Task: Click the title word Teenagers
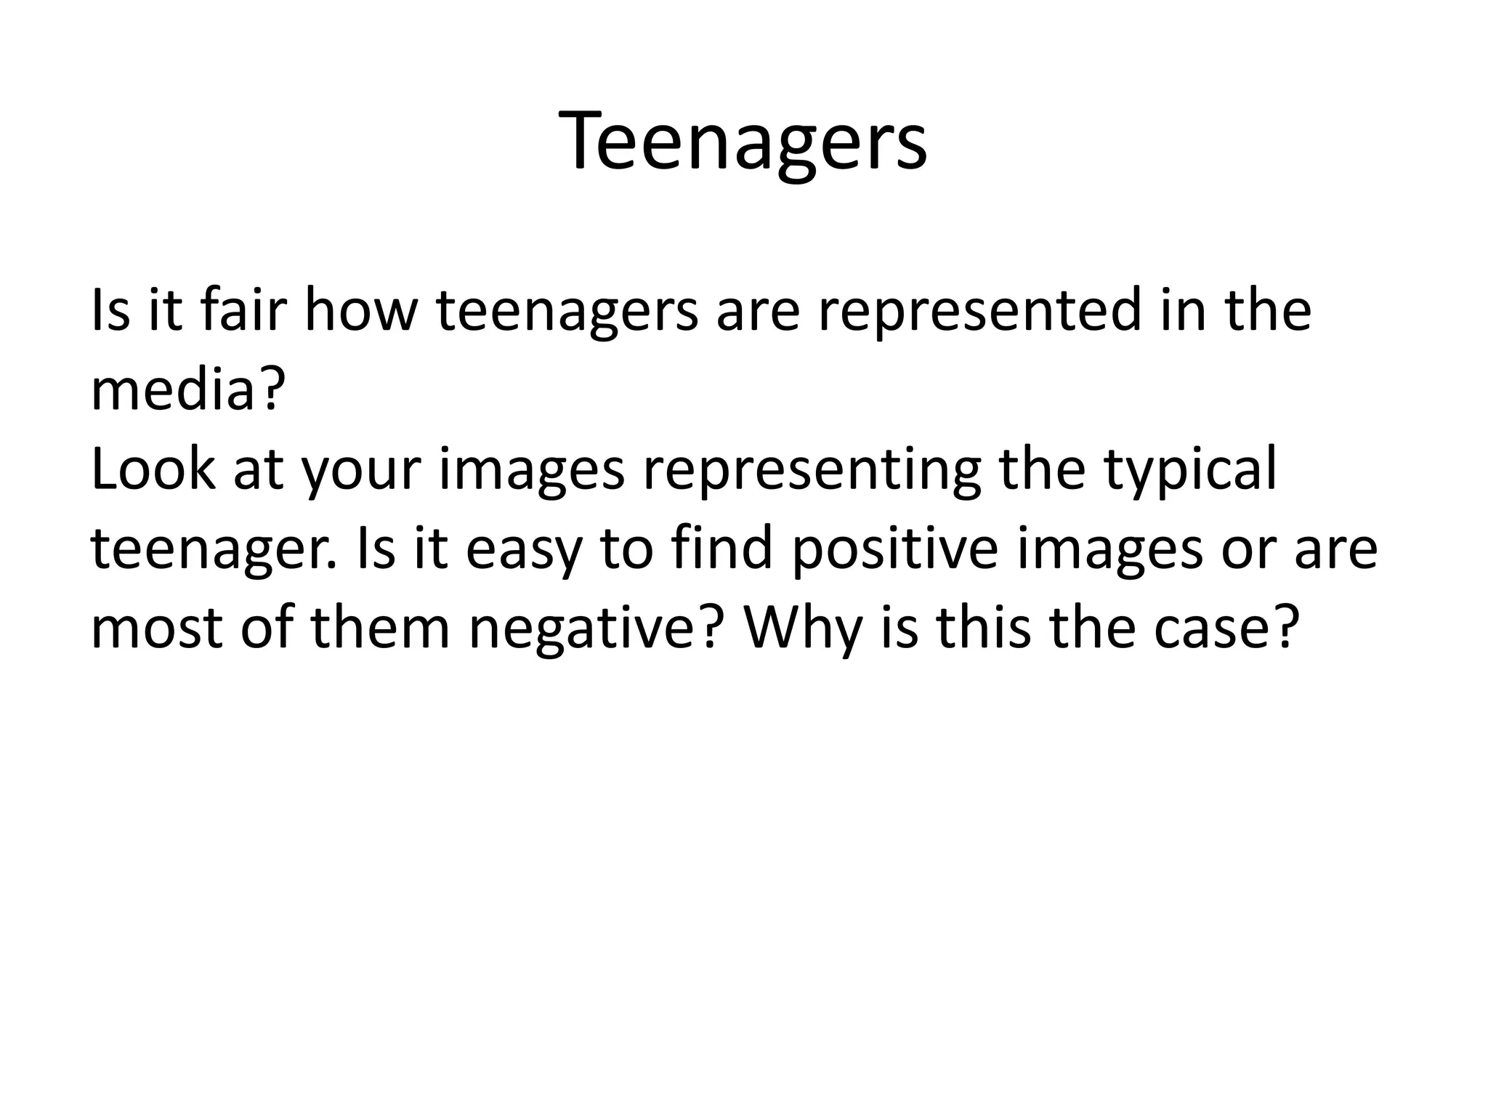pos(743,142)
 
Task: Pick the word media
pos(174,389)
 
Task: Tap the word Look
pos(153,469)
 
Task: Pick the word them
pos(381,628)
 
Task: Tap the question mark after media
pos(267,389)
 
